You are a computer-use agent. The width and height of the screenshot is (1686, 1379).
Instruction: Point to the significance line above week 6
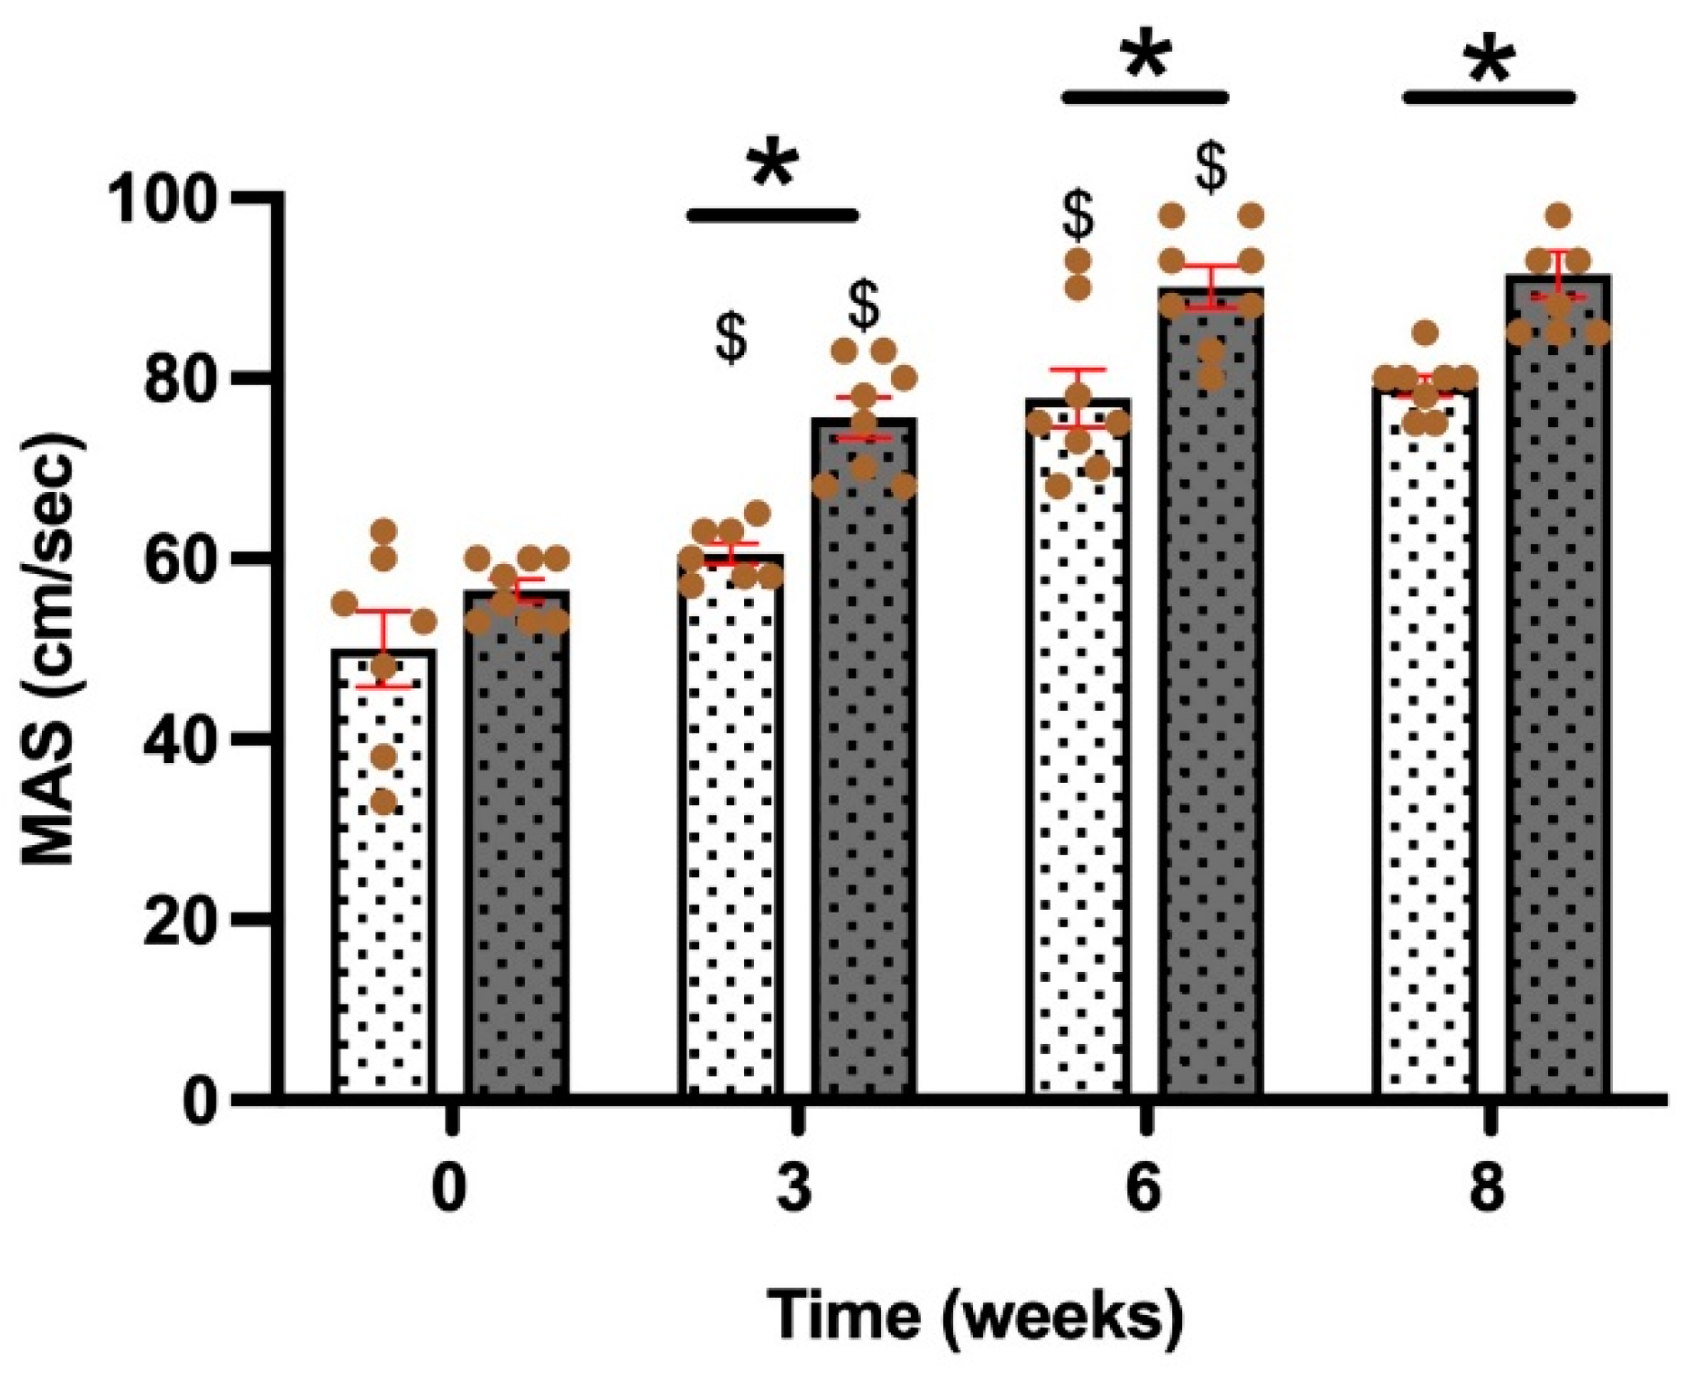pos(1146,97)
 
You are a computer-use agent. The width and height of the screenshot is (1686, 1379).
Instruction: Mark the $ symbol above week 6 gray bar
pos(1211,168)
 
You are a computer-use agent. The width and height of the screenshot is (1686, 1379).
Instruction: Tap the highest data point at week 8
pos(1558,216)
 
